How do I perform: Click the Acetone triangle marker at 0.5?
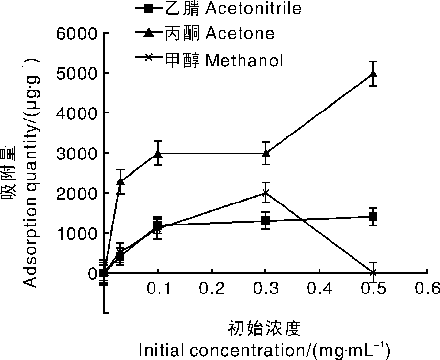coord(374,74)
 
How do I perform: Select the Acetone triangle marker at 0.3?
coord(265,154)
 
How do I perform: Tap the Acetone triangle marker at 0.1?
coord(157,154)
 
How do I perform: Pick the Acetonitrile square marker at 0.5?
coord(374,216)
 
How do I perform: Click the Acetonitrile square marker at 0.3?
coord(265,221)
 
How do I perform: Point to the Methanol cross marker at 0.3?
coord(265,193)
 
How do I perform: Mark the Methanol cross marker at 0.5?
coord(374,272)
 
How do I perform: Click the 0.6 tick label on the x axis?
coord(427,289)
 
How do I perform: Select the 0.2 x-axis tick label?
coord(212,289)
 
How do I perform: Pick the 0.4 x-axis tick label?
coord(320,289)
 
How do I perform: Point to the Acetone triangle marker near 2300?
coord(120,181)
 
